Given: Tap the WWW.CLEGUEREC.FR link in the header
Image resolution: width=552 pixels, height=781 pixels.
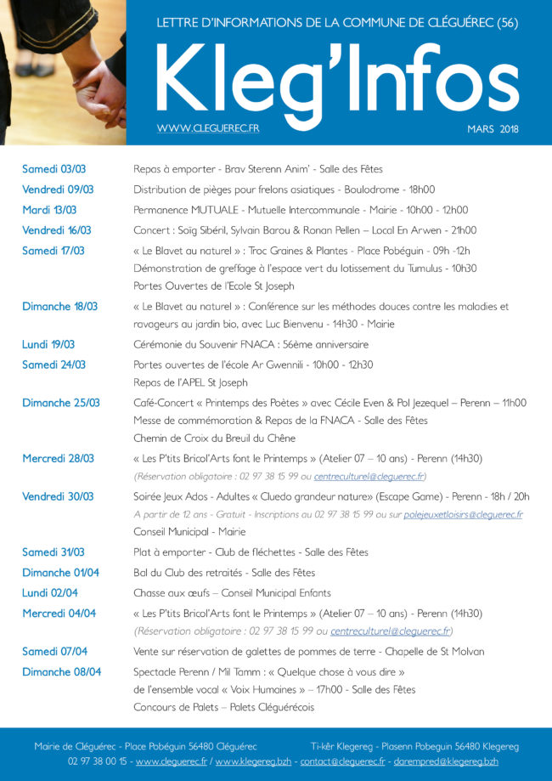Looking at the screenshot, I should pos(208,128).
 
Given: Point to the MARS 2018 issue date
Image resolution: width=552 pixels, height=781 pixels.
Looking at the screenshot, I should pos(493,129).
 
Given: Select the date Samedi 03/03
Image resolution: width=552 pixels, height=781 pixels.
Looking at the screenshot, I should pos(53,169).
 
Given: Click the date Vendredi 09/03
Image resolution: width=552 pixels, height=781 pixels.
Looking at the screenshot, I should pos(58,190).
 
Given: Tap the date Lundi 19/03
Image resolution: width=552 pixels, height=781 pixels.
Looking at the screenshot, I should pos(48,344).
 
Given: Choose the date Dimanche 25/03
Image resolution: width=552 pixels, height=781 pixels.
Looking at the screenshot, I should pos(60,403).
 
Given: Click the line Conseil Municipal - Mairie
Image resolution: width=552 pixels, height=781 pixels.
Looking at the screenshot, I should pos(189,532).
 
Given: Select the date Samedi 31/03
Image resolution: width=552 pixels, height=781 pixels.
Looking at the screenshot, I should pos(53,552).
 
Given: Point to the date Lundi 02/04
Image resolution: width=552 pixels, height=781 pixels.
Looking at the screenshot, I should pos(49,592).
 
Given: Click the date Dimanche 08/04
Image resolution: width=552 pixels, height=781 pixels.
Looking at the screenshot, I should pos(61,671).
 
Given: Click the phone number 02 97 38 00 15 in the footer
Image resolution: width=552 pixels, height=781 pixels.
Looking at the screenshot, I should pos(99,761).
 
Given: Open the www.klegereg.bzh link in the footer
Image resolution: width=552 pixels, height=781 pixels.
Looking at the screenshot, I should pos(254,761).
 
